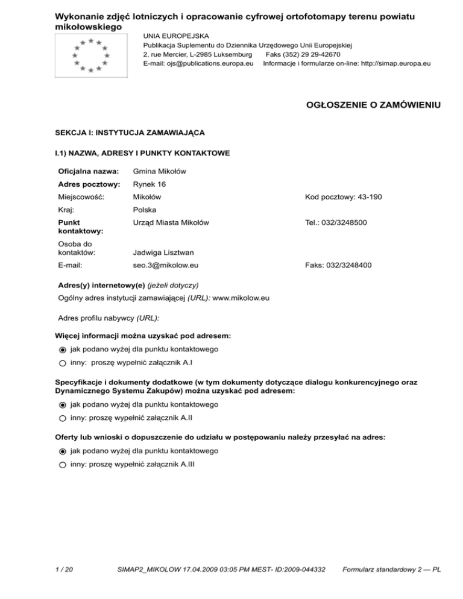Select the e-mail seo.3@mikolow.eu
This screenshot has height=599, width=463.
166,264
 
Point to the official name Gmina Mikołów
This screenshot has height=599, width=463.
159,172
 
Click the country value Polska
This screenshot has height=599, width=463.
145,210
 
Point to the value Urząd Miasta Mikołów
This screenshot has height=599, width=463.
171,223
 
